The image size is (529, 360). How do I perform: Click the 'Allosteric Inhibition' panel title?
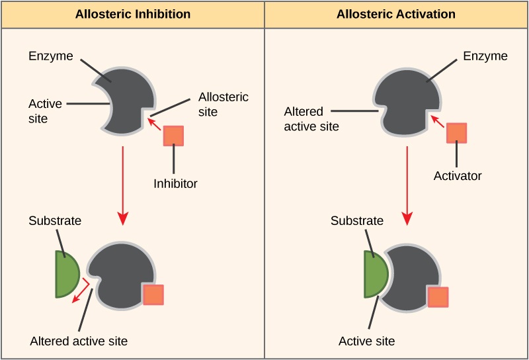click(133, 14)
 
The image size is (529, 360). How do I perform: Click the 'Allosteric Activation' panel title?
click(396, 14)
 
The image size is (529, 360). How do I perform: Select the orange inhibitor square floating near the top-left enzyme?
click(173, 135)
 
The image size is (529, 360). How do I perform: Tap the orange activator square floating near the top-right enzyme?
click(456, 132)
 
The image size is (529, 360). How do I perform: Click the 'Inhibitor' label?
click(175, 183)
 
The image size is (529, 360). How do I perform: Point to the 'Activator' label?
click(458, 176)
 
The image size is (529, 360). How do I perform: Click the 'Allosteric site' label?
click(224, 105)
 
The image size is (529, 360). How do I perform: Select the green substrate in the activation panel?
click(375, 273)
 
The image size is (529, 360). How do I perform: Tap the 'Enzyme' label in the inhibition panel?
click(50, 56)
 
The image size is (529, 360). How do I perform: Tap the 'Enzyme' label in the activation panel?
click(485, 56)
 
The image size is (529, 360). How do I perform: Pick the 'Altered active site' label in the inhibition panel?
click(79, 341)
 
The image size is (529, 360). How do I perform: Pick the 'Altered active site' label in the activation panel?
click(311, 118)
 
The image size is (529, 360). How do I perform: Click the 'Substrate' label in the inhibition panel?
click(55, 220)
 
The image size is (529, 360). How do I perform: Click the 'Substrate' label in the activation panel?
click(357, 220)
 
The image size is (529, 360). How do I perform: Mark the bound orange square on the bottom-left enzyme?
click(153, 294)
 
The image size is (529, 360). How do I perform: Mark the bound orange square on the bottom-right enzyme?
click(438, 297)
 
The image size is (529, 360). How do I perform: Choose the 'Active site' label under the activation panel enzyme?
click(366, 341)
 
